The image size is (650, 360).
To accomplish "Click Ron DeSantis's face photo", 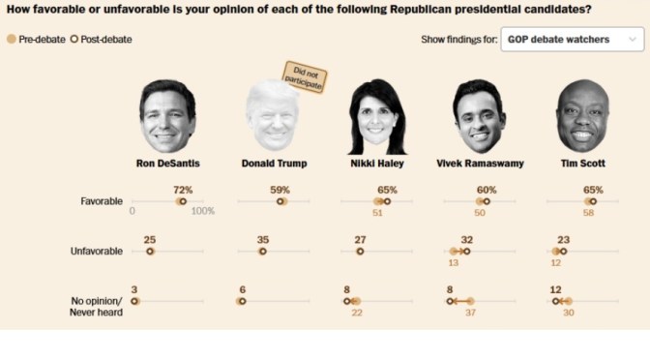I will (167, 115).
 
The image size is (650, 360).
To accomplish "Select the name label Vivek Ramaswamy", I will (480, 164).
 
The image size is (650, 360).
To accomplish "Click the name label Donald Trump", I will (274, 164).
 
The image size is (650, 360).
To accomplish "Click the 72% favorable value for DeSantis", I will (182, 190).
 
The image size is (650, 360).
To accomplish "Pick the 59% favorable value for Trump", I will (281, 190).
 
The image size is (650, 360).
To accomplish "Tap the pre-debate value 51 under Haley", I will (377, 213).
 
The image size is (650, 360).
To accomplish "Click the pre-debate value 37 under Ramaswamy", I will (471, 312).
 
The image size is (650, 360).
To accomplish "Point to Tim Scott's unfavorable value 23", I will (563, 239).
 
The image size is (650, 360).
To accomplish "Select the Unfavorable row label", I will (97, 251).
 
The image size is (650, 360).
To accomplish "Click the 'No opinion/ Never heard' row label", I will (97, 306).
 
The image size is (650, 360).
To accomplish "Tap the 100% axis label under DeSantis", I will (202, 213).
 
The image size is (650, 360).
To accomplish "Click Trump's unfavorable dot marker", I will (262, 251).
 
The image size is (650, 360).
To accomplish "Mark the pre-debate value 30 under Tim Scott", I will (569, 312).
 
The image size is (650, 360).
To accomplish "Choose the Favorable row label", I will (102, 201).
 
